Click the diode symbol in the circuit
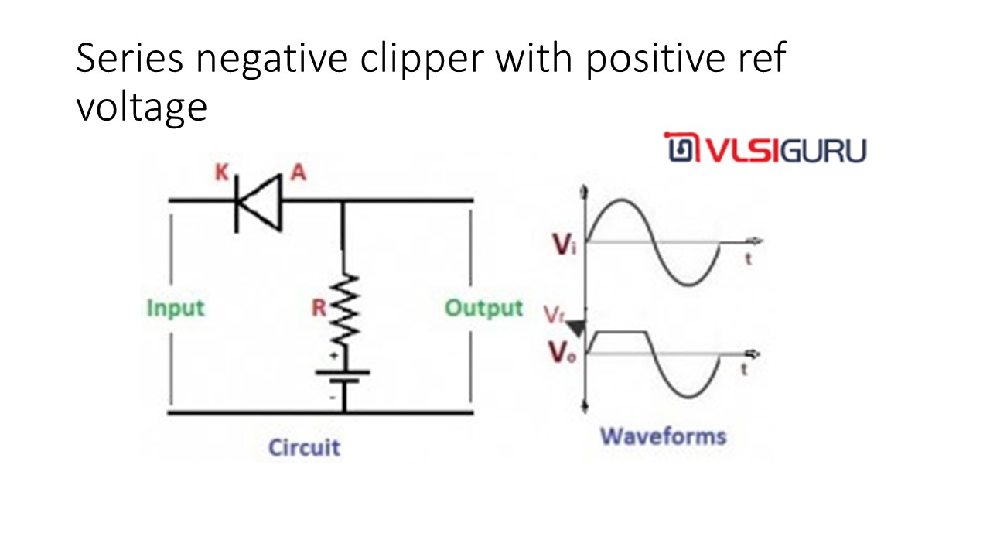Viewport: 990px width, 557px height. pyautogui.click(x=258, y=203)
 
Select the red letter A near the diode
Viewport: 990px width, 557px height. pyautogui.click(x=298, y=173)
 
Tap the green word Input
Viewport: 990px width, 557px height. pyautogui.click(x=176, y=308)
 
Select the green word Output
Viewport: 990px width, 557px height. pyautogui.click(x=484, y=308)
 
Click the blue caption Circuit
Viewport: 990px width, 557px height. pyautogui.click(x=304, y=447)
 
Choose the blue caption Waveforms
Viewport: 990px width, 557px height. pyautogui.click(x=664, y=436)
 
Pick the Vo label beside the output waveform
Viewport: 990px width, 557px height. pyautogui.click(x=563, y=354)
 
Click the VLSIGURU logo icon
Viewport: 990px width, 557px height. pyautogui.click(x=681, y=149)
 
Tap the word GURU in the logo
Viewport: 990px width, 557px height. pyautogui.click(x=822, y=150)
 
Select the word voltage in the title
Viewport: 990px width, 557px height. pyautogui.click(x=142, y=107)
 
